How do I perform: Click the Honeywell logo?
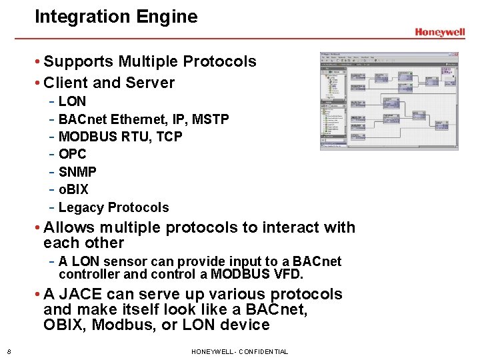click(439, 33)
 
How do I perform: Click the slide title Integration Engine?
click(116, 17)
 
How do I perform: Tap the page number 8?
click(8, 352)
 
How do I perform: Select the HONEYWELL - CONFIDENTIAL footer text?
click(239, 352)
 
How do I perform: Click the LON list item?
click(72, 102)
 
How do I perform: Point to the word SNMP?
click(77, 172)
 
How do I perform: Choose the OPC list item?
click(73, 155)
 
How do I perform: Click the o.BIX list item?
click(73, 190)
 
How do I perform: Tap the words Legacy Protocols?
click(113, 207)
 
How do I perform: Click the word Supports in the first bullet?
click(79, 62)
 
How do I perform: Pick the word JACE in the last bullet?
click(78, 295)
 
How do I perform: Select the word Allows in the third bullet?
click(69, 228)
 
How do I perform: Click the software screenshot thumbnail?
click(388, 101)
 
